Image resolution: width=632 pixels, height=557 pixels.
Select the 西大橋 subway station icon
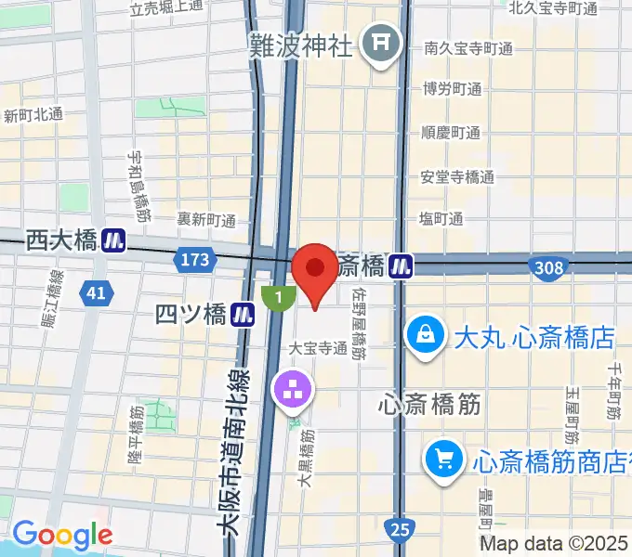tap(115, 240)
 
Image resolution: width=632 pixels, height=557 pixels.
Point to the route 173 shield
tap(195, 262)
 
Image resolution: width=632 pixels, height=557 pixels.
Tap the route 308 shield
tap(547, 268)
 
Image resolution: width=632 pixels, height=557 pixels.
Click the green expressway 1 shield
tap(278, 298)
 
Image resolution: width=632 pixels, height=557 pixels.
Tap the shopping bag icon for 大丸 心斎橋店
tap(425, 334)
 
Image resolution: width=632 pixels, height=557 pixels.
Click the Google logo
tap(62, 534)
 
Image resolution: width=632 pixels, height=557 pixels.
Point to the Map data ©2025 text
tap(555, 543)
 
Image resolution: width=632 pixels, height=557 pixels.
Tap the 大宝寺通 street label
tap(317, 349)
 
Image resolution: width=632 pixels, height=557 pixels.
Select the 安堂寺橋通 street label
tap(457, 176)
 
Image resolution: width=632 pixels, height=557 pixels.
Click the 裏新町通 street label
tap(206, 221)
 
